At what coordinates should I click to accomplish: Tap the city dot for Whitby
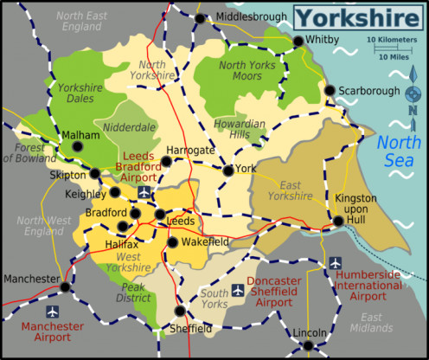[298, 41]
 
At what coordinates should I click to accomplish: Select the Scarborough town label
[369, 90]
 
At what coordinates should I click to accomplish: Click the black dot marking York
[227, 170]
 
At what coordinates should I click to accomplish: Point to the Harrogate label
[189, 150]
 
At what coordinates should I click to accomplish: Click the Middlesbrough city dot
[200, 18]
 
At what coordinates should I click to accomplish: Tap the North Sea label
[400, 153]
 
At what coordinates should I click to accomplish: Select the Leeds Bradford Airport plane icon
[144, 191]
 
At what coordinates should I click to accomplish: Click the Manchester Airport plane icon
[53, 311]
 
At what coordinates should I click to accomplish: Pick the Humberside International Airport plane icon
[335, 262]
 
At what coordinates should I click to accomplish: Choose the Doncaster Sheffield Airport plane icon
[237, 289]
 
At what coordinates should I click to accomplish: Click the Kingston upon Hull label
[356, 209]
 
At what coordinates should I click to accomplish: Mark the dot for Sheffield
[179, 312]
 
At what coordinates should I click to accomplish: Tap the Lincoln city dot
[308, 345]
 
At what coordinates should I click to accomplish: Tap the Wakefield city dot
[172, 241]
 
